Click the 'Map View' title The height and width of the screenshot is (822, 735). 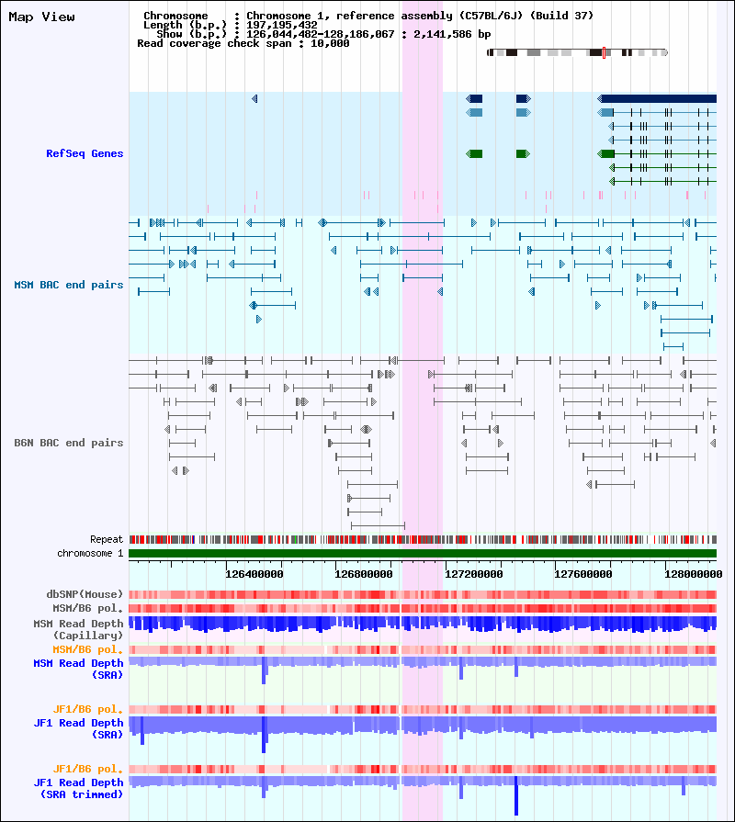[41, 17]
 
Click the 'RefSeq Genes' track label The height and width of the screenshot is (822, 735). [85, 153]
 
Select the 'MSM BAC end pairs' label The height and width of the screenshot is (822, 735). [69, 285]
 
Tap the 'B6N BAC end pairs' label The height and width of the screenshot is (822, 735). [69, 443]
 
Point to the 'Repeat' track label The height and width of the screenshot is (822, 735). [107, 539]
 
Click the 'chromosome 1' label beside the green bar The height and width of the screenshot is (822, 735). [90, 553]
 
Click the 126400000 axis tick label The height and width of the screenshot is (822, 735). [254, 574]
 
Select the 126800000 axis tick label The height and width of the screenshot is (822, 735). [364, 574]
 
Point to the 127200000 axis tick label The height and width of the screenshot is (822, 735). [474, 574]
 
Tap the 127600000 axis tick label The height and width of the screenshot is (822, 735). [583, 574]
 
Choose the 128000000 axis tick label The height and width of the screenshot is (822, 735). [694, 574]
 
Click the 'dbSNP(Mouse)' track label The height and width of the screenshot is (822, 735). [85, 594]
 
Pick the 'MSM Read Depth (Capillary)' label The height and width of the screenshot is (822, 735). [79, 630]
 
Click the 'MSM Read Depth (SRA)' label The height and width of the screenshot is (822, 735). [79, 669]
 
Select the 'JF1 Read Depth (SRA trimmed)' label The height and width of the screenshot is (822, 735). [79, 788]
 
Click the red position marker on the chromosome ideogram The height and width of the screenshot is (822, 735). [604, 52]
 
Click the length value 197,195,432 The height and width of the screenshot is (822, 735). [281, 25]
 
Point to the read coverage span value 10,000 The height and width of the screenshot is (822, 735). [330, 43]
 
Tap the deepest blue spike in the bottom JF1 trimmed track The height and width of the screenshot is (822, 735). [516, 795]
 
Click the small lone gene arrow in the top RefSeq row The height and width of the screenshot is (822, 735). [254, 98]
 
